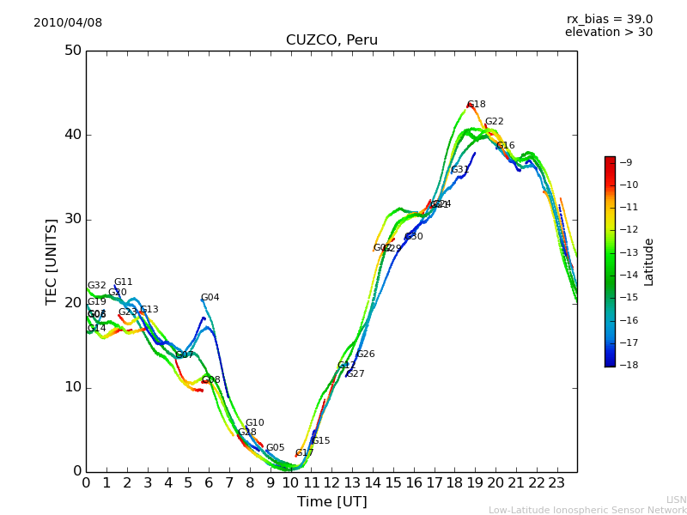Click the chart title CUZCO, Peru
(x=331, y=40)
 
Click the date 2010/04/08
(x=68, y=23)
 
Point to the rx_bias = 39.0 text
(x=609, y=20)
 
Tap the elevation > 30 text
(x=608, y=33)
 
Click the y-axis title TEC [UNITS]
(x=52, y=261)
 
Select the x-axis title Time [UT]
(x=331, y=502)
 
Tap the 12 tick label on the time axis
(x=331, y=483)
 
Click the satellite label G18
(x=477, y=105)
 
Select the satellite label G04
(x=210, y=298)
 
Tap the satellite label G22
(x=495, y=122)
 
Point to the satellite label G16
(x=506, y=146)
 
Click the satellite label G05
(x=275, y=448)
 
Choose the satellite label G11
(x=124, y=282)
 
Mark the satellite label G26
(x=366, y=354)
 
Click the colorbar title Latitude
(x=649, y=262)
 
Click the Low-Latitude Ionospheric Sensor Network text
(x=587, y=511)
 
